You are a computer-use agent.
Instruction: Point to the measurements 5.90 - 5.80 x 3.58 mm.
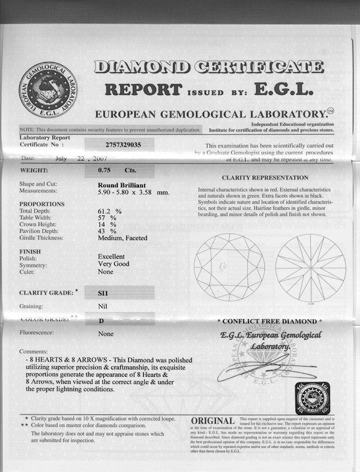pyautogui.click(x=134, y=192)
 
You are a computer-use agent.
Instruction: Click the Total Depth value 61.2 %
pyautogui.click(x=110, y=211)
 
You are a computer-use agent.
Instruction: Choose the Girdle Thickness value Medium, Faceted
pyautogui.click(x=122, y=238)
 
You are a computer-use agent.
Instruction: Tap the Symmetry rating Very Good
pyautogui.click(x=114, y=264)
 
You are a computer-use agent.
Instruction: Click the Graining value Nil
pyautogui.click(x=103, y=306)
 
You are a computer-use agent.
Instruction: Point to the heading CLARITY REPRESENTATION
pyautogui.click(x=265, y=178)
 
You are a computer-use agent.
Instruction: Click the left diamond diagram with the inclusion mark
pyautogui.click(x=229, y=267)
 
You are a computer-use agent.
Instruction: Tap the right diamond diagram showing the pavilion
pyautogui.click(x=310, y=267)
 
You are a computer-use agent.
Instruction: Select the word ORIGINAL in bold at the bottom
pyautogui.click(x=213, y=421)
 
